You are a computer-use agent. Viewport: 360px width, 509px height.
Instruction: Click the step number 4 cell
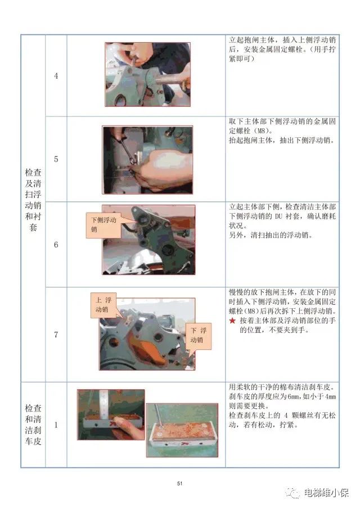pyautogui.click(x=56, y=76)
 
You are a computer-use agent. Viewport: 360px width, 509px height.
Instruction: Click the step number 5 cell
pyautogui.click(x=56, y=159)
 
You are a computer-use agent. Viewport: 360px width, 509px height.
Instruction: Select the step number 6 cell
pyautogui.click(x=56, y=245)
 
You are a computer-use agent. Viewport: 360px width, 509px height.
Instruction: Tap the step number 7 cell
pyautogui.click(x=56, y=335)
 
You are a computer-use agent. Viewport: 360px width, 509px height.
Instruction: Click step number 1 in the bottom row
pyautogui.click(x=56, y=425)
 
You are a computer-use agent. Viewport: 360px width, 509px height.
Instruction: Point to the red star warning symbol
pyautogui.click(x=232, y=321)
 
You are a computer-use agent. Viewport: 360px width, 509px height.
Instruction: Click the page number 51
pyautogui.click(x=180, y=483)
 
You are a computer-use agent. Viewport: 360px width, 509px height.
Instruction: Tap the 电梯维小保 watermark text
pyautogui.click(x=326, y=493)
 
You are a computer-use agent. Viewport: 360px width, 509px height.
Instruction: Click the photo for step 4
pyautogui.click(x=147, y=74)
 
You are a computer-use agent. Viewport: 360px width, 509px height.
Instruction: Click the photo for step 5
pyautogui.click(x=147, y=160)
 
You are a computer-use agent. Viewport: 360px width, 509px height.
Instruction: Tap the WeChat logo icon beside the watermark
pyautogui.click(x=294, y=493)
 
